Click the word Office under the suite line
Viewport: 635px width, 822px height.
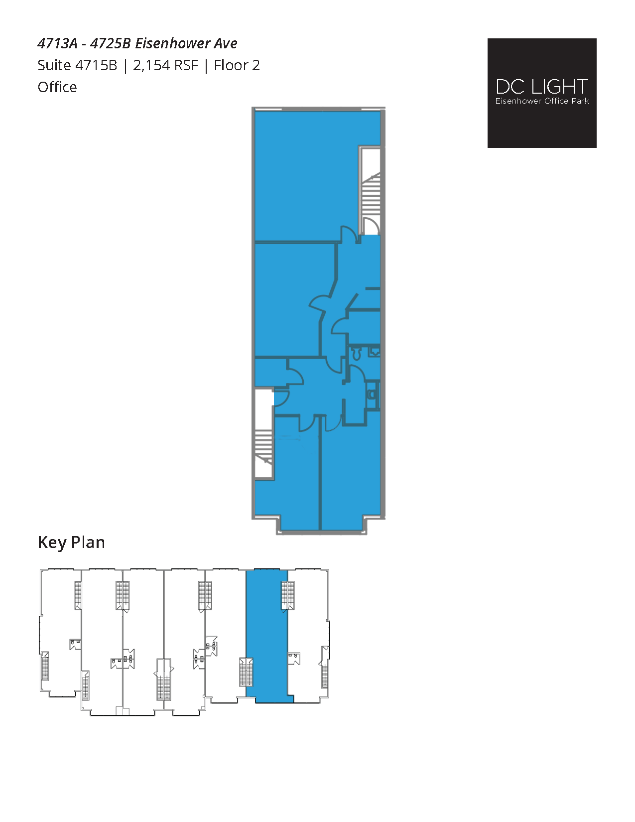click(x=57, y=88)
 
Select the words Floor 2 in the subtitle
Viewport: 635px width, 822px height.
click(x=237, y=66)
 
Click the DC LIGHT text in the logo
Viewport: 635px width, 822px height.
click(x=542, y=87)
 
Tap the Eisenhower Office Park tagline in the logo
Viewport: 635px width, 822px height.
click(x=542, y=101)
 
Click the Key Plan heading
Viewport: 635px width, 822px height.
click(x=71, y=543)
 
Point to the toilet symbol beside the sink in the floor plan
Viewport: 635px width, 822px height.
click(x=356, y=354)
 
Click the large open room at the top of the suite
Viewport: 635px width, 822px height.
click(x=306, y=174)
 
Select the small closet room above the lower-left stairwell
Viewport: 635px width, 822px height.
click(x=270, y=372)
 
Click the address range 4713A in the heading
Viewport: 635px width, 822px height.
click(x=57, y=44)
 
